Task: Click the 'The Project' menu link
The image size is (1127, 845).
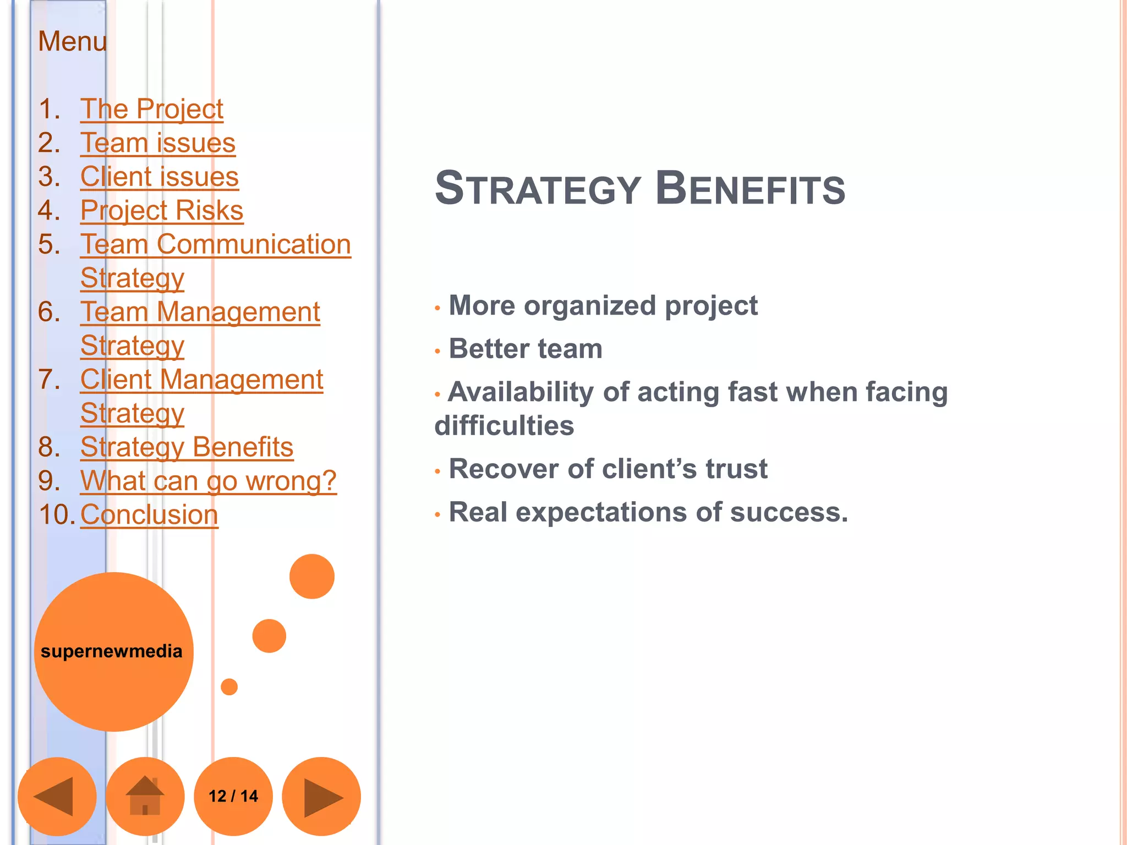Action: [151, 109]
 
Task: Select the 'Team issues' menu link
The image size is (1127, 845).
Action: [158, 143]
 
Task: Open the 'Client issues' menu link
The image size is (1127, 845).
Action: [159, 177]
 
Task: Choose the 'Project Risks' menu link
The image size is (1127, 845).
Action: [162, 210]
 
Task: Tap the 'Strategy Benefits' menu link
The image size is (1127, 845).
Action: [187, 447]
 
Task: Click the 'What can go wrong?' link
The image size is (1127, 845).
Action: [208, 481]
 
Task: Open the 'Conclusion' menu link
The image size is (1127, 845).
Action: [149, 515]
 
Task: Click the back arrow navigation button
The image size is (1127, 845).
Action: [57, 796]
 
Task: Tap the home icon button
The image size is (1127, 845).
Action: [145, 796]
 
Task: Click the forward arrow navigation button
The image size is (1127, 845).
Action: [321, 796]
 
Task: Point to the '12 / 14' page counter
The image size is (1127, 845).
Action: [233, 796]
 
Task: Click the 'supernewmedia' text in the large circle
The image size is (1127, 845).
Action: [112, 651]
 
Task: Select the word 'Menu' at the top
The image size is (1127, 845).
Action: [72, 41]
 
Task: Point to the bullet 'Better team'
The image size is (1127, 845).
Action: [526, 349]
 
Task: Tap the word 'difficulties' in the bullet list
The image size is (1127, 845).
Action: [504, 426]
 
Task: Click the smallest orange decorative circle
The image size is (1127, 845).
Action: [229, 687]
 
